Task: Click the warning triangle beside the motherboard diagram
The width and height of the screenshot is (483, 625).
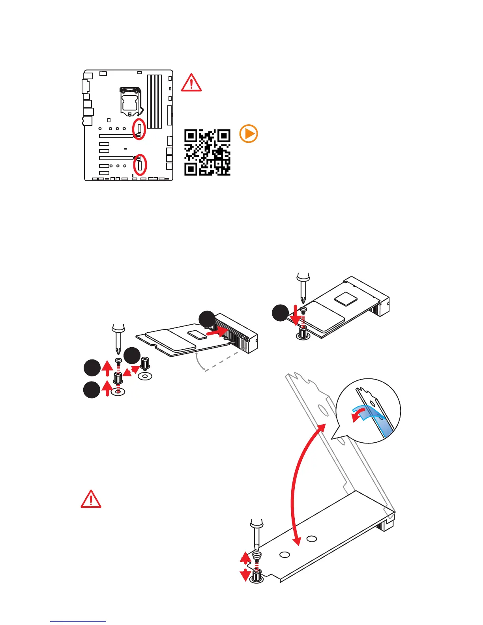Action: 191,83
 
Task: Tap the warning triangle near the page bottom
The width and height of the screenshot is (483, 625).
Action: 91,499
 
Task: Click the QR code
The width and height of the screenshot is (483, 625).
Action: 207,152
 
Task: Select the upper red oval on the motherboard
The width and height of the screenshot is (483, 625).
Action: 139,129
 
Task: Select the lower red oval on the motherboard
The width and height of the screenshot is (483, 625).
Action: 140,165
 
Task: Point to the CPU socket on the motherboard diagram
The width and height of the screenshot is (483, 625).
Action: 131,101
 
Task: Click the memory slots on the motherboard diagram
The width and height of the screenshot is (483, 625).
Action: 155,101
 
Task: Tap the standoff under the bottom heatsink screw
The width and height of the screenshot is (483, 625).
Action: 257,576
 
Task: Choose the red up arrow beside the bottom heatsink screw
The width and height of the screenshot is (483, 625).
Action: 245,558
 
